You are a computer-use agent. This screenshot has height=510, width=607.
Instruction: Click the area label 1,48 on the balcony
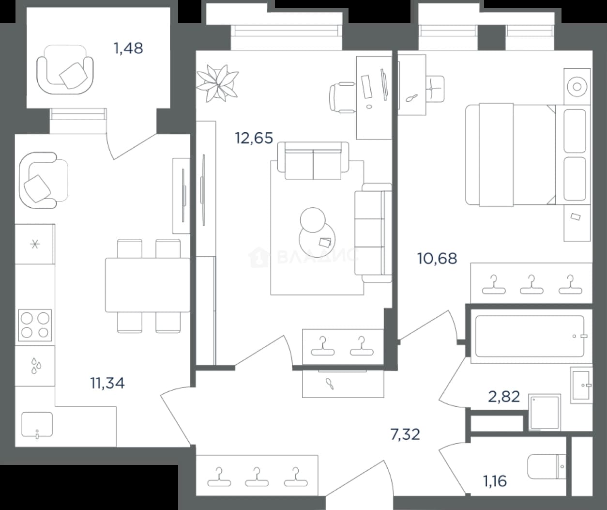[x=128, y=48]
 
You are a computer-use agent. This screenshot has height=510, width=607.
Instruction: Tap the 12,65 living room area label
[x=254, y=138]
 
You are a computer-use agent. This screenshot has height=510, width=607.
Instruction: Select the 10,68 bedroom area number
[x=437, y=258]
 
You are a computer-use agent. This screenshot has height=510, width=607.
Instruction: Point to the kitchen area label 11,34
[x=107, y=383]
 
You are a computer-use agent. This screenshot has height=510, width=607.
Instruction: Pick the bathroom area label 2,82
[x=504, y=397]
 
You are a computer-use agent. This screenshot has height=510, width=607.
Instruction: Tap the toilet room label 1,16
[x=495, y=481]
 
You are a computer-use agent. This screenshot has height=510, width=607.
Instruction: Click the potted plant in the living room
[x=217, y=83]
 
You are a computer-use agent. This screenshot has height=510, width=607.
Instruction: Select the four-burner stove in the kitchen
[x=35, y=325]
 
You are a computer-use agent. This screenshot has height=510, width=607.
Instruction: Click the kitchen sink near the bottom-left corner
[x=37, y=425]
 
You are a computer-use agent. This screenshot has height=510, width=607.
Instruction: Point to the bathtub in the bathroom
[x=530, y=336]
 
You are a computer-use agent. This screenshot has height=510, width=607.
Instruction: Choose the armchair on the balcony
[x=65, y=69]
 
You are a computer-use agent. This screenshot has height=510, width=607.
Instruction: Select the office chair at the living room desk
[x=342, y=97]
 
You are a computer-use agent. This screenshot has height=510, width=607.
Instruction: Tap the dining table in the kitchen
[x=148, y=285]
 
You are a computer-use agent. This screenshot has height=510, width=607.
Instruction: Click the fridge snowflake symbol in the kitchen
[x=35, y=244]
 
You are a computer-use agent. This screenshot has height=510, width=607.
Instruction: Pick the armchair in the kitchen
[x=43, y=180]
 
